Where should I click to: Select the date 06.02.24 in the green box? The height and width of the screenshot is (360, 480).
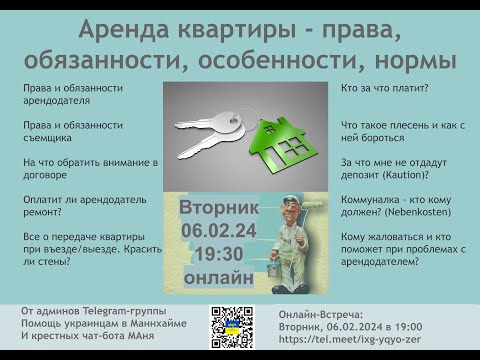click(x=218, y=228)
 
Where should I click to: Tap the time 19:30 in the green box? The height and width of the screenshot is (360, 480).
click(x=218, y=250)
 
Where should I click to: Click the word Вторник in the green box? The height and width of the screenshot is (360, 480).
click(x=218, y=207)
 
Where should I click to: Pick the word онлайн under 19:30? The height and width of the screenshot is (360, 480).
click(x=218, y=273)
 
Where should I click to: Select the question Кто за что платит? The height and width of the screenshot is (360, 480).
click(x=384, y=89)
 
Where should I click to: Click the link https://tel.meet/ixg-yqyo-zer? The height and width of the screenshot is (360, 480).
click(x=354, y=339)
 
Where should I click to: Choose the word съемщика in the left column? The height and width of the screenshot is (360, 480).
click(x=49, y=136)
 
